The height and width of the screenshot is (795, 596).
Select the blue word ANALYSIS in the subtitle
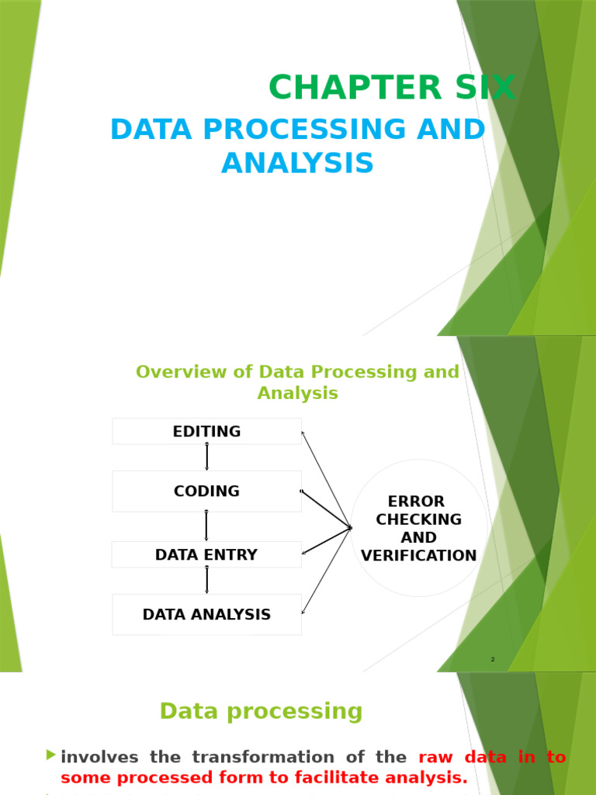click(x=297, y=164)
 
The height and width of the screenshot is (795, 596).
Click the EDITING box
click(x=206, y=432)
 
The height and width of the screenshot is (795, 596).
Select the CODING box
click(x=206, y=491)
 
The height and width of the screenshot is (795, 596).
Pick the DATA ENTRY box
click(x=206, y=555)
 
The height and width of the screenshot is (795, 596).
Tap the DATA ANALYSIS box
click(x=206, y=615)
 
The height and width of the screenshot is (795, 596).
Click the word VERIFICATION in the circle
click(x=419, y=556)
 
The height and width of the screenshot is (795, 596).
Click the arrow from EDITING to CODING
click(x=206, y=457)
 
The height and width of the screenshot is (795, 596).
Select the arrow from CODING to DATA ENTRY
click(x=206, y=526)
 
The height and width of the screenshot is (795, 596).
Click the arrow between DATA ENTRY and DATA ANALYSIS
click(x=206, y=581)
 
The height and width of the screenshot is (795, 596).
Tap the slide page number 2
click(x=492, y=660)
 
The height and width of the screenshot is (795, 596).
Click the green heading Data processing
click(x=261, y=711)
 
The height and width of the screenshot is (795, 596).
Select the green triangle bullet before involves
click(x=51, y=755)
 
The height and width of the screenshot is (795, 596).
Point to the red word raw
click(x=435, y=757)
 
